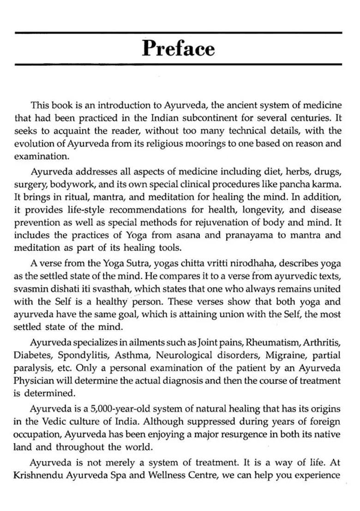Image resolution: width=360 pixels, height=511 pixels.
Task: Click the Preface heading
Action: point(178,48)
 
